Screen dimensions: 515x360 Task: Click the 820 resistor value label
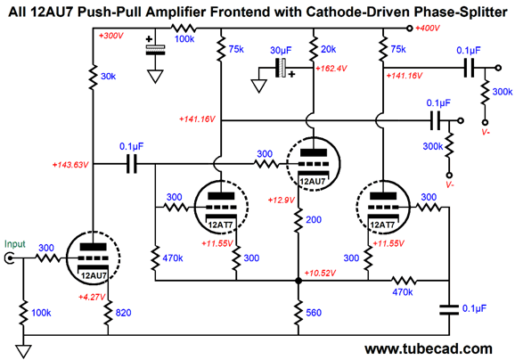point(123,313)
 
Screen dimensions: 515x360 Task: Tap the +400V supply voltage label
point(428,29)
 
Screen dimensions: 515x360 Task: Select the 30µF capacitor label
point(281,50)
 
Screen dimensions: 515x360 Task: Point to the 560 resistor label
point(314,313)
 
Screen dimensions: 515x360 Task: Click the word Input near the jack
point(15,244)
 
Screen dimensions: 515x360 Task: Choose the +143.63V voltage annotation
point(70,165)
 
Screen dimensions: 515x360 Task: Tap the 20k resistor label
point(329,49)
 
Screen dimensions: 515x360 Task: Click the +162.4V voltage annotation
point(331,69)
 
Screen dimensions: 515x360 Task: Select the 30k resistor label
point(108,77)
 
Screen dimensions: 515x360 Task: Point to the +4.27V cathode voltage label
point(92,298)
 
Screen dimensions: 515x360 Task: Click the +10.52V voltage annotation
point(320,273)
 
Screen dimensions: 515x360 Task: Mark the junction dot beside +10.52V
point(298,281)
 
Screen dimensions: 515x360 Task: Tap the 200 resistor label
point(314,219)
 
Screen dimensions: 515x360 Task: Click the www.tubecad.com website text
point(429,348)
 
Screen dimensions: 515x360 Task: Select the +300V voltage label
point(110,36)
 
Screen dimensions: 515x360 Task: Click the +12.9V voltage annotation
point(282,200)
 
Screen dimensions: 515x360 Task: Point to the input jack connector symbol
point(9,258)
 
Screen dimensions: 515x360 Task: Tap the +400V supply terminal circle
point(409,29)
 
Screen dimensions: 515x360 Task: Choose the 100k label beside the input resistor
point(41,313)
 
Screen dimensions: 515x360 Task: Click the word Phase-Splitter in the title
point(461,12)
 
